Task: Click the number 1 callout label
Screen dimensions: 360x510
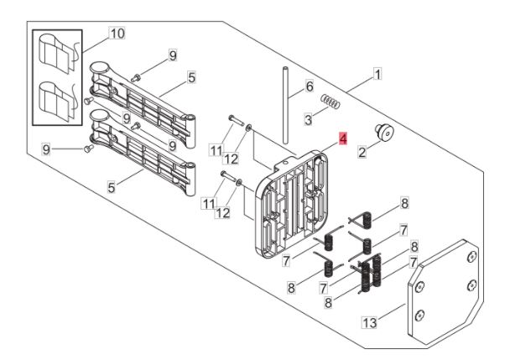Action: [377, 75]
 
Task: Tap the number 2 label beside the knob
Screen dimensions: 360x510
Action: [362, 153]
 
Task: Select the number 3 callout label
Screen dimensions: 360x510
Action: [309, 120]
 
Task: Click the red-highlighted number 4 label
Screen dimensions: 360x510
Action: [341, 138]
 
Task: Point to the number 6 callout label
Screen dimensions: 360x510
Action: [309, 86]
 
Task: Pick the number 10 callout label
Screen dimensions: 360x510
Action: [117, 34]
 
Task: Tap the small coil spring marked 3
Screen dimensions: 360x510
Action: [332, 103]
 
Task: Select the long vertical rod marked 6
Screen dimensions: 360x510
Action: [285, 105]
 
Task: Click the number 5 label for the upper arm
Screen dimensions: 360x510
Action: [191, 78]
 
